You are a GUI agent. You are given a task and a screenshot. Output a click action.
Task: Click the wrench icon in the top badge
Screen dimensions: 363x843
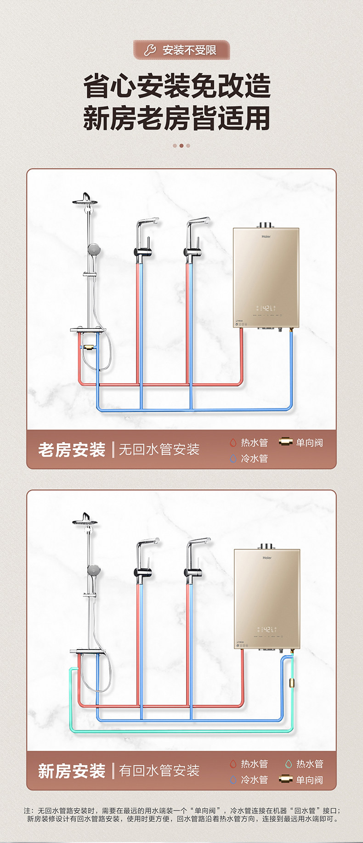pyautogui.click(x=150, y=50)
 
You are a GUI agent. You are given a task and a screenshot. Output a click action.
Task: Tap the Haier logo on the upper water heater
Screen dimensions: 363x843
pyautogui.click(x=267, y=237)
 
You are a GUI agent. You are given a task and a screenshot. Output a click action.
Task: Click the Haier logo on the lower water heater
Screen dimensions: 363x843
pyautogui.click(x=267, y=558)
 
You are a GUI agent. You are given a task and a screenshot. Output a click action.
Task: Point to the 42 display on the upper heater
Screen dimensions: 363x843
pyautogui.click(x=267, y=308)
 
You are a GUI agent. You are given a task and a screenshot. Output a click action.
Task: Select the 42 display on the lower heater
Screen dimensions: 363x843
pyautogui.click(x=267, y=629)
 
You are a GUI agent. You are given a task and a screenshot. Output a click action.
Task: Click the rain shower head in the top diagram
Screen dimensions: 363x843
pyautogui.click(x=85, y=200)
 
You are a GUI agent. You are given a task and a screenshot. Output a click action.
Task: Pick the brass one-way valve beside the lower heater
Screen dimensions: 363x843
pyautogui.click(x=291, y=682)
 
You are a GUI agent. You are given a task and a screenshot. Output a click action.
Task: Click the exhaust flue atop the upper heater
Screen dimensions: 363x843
pyautogui.click(x=266, y=225)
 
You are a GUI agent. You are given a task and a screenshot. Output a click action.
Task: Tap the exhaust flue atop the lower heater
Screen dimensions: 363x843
pyautogui.click(x=267, y=546)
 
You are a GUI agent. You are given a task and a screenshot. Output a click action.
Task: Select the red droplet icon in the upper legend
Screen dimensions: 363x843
pyautogui.click(x=233, y=442)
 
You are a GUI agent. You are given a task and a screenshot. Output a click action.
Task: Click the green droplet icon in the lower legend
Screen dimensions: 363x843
pyautogui.click(x=288, y=764)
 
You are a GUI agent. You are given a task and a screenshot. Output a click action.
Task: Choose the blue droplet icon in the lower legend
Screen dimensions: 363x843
pyautogui.click(x=233, y=779)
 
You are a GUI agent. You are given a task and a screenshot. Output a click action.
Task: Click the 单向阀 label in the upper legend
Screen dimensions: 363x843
pyautogui.click(x=309, y=442)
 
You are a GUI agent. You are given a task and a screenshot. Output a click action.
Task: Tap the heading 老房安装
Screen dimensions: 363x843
pyautogui.click(x=72, y=449)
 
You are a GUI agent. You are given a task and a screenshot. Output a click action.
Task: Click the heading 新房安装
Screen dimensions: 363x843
pyautogui.click(x=72, y=770)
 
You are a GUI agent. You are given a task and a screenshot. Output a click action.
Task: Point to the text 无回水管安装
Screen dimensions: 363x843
pyautogui.click(x=159, y=449)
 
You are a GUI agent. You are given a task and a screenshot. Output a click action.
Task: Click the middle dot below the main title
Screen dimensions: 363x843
pyautogui.click(x=181, y=146)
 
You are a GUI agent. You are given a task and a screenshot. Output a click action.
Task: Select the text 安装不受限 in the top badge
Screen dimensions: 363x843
pyautogui.click(x=189, y=50)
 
